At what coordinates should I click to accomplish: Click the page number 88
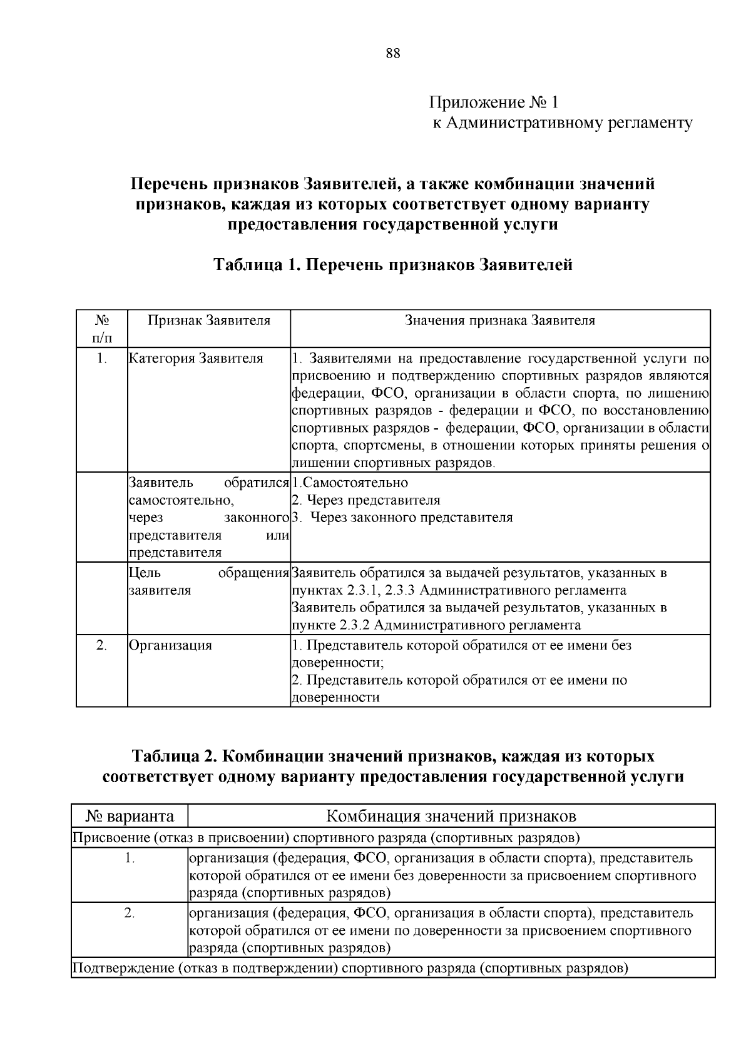tap(393, 53)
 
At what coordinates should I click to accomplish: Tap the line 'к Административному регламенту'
tap(563, 123)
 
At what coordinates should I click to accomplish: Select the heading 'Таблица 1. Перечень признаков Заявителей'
tap(393, 264)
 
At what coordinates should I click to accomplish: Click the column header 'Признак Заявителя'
tap(209, 321)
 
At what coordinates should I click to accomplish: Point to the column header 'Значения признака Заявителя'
tap(500, 321)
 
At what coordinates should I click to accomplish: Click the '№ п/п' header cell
tap(102, 329)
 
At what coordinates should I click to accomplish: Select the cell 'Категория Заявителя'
tap(196, 358)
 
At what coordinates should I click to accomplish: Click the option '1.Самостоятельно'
tap(350, 483)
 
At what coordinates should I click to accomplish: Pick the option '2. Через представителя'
tap(366, 500)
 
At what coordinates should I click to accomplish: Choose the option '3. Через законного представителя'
tap(402, 518)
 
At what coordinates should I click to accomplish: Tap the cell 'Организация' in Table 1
tap(170, 645)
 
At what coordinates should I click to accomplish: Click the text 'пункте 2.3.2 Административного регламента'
tap(436, 625)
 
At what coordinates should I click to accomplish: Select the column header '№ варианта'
tap(130, 816)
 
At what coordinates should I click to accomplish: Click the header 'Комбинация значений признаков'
tap(451, 816)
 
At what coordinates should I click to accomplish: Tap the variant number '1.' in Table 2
tap(130, 858)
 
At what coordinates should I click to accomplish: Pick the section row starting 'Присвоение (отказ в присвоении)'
tap(325, 837)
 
